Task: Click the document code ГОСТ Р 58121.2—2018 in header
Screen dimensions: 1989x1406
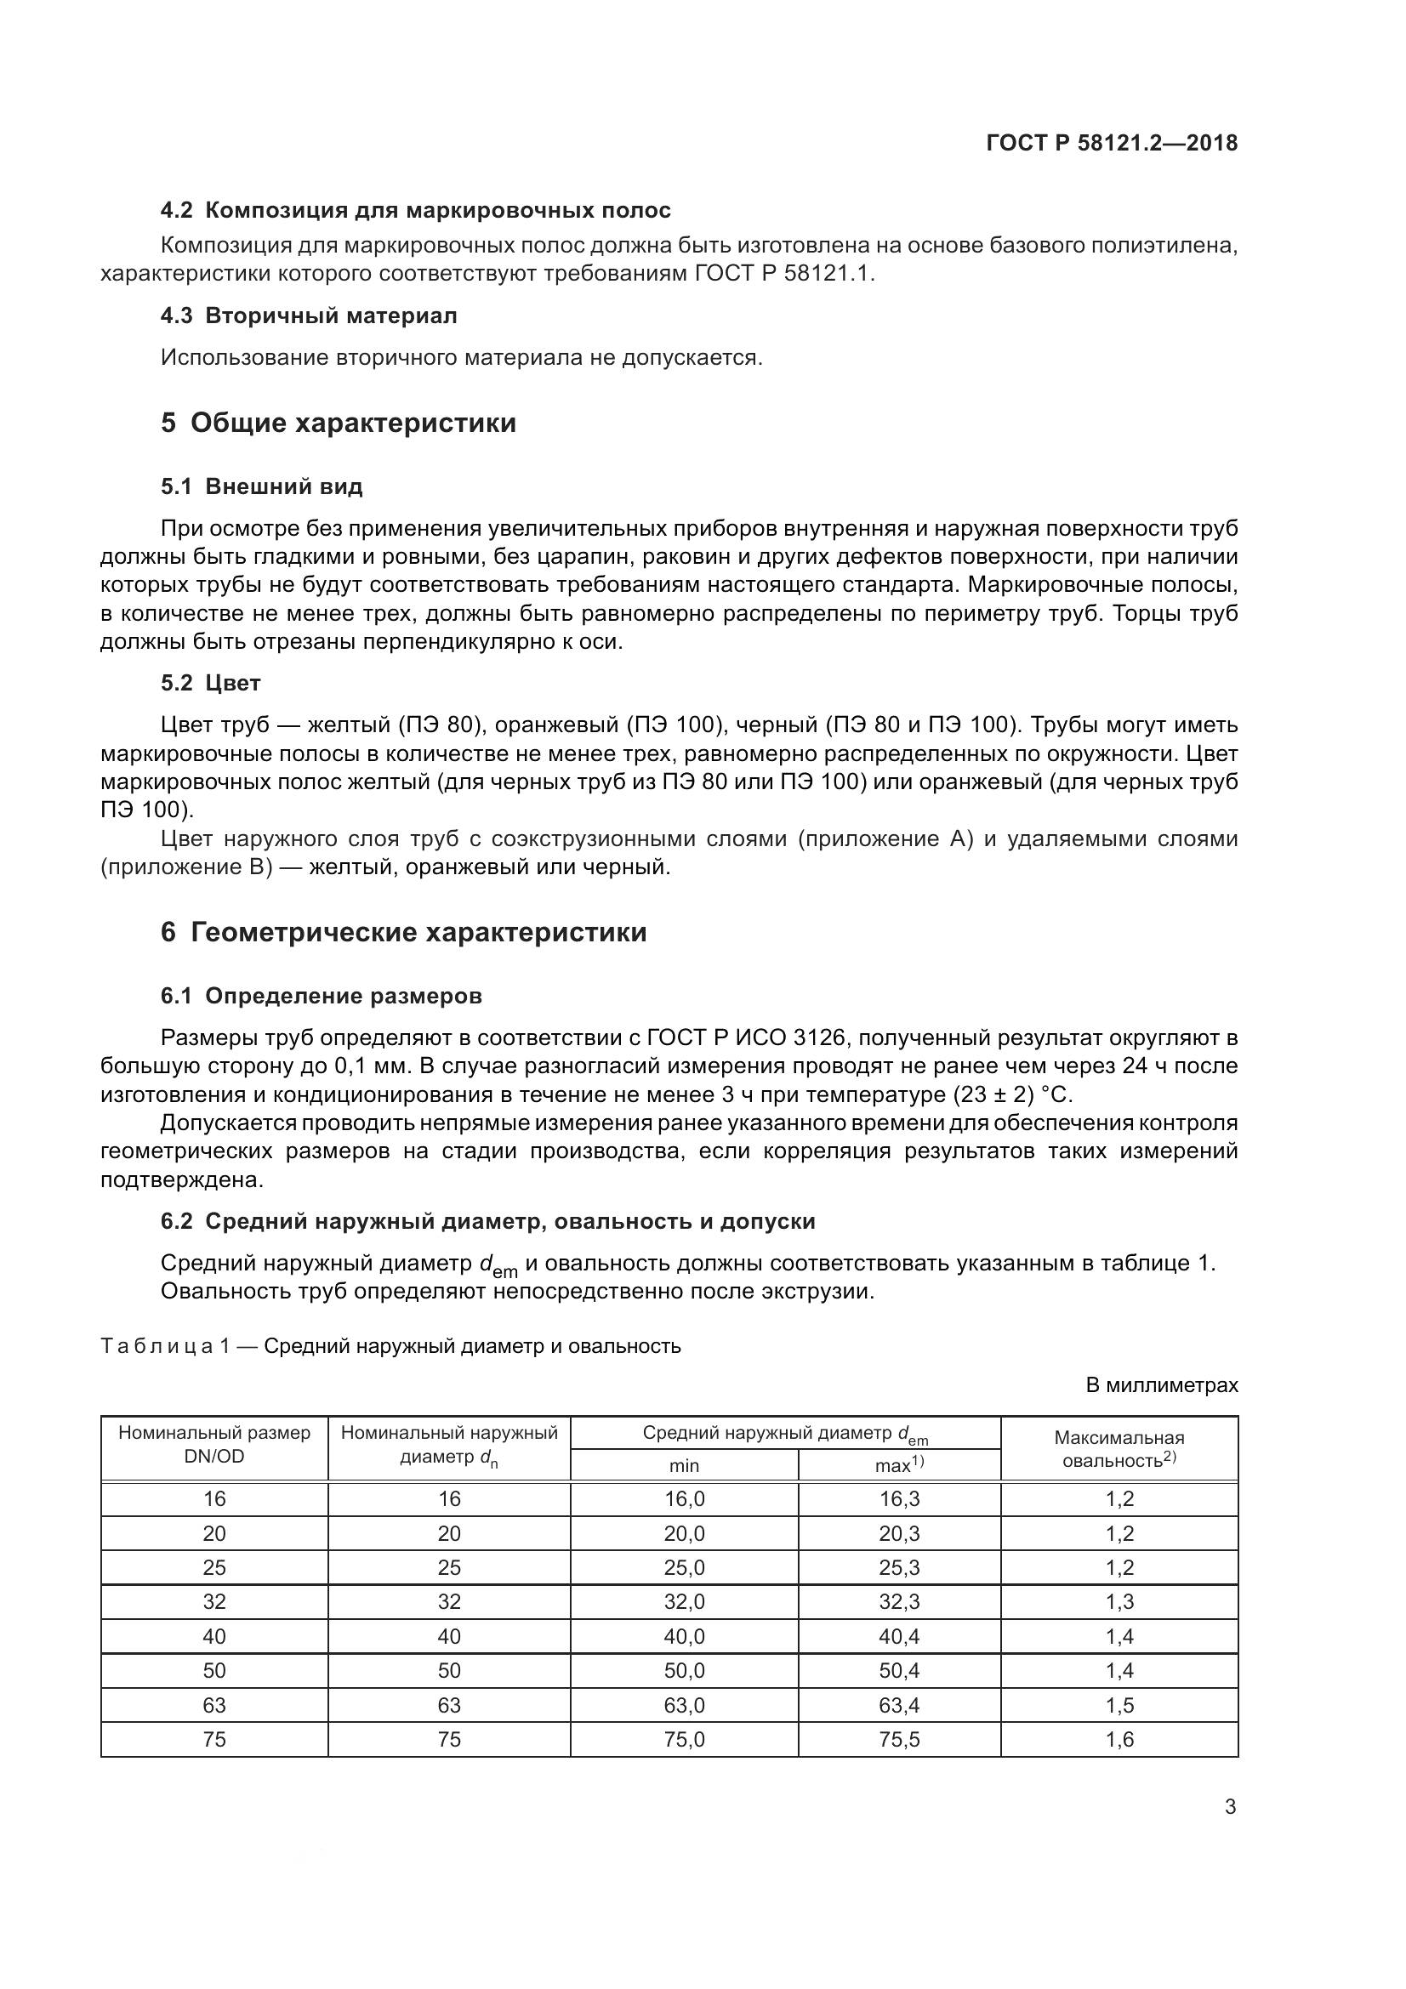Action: pyautogui.click(x=1112, y=144)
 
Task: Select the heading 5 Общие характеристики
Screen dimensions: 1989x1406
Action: pyautogui.click(x=339, y=423)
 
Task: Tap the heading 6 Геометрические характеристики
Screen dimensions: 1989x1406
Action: pyautogui.click(x=404, y=932)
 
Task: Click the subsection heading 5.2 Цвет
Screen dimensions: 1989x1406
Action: pyautogui.click(x=210, y=683)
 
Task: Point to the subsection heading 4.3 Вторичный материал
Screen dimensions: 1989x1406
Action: pyautogui.click(x=309, y=315)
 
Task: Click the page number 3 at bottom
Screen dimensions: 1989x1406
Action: pyautogui.click(x=1230, y=1807)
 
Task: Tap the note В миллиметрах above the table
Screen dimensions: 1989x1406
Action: pyautogui.click(x=1162, y=1385)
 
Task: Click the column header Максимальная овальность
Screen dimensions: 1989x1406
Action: pyautogui.click(x=1119, y=1448)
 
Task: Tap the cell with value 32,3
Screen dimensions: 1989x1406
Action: pyautogui.click(x=899, y=1602)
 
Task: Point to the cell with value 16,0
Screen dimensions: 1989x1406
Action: pyautogui.click(x=684, y=1498)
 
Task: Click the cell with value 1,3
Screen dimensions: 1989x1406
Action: pyautogui.click(x=1119, y=1602)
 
